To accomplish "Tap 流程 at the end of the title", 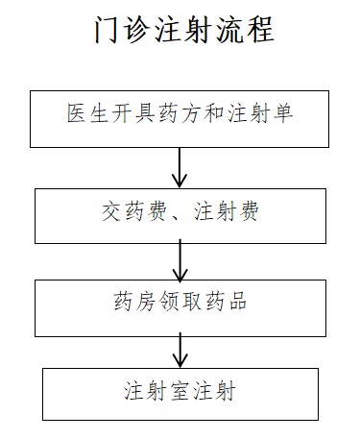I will pyautogui.click(x=246, y=31).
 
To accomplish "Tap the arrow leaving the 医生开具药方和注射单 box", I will pyautogui.click(x=180, y=167).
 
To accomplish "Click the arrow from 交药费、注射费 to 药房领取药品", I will pyautogui.click(x=180, y=259).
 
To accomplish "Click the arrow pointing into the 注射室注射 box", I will pyautogui.click(x=180, y=348).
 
